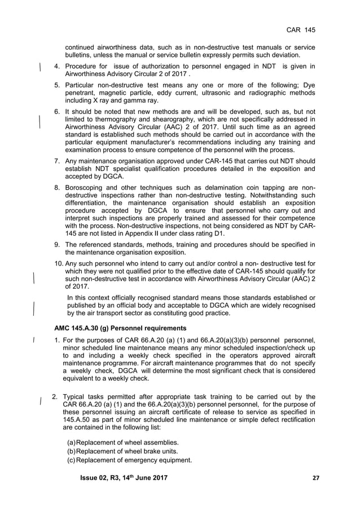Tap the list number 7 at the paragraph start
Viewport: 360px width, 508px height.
pos(57,161)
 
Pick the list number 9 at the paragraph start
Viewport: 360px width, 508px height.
pos(57,244)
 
